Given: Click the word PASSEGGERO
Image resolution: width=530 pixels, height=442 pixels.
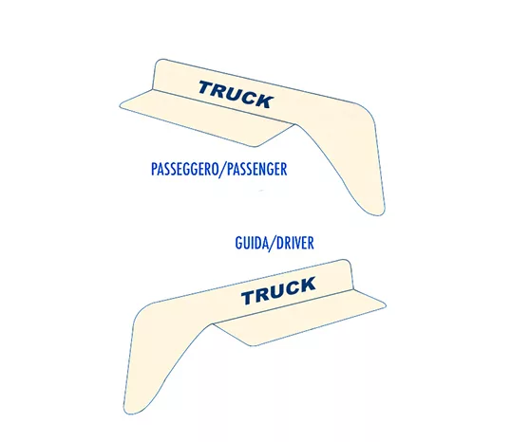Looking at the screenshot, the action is (185, 169).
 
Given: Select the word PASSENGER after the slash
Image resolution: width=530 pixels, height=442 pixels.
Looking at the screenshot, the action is (256, 169).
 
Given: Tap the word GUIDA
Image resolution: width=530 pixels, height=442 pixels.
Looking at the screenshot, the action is (251, 243).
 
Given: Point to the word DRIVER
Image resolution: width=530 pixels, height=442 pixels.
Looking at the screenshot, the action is (295, 243).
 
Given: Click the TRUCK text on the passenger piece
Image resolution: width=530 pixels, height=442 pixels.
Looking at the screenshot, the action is (236, 94).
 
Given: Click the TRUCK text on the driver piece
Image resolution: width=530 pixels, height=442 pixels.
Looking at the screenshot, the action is (278, 290).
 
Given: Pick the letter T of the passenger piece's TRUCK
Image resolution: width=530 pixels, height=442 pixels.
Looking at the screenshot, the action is (206, 87).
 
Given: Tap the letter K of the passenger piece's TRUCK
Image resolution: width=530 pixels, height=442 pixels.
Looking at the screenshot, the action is (263, 101).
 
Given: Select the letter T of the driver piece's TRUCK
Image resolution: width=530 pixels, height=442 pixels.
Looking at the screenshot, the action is (250, 298).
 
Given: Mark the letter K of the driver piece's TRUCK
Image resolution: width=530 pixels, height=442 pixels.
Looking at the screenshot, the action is (306, 284).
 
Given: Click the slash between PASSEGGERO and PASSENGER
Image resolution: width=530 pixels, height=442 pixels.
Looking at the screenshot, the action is (223, 170).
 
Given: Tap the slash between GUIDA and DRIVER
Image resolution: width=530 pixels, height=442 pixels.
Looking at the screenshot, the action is (272, 244).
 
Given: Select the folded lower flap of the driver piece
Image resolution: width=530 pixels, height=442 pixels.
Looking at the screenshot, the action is (299, 317).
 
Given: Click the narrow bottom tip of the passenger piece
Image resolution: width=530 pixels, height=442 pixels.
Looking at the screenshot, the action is (379, 213).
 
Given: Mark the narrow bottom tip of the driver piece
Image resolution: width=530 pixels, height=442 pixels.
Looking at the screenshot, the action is (129, 413).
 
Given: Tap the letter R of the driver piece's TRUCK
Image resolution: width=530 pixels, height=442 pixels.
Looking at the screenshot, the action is (263, 294).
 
